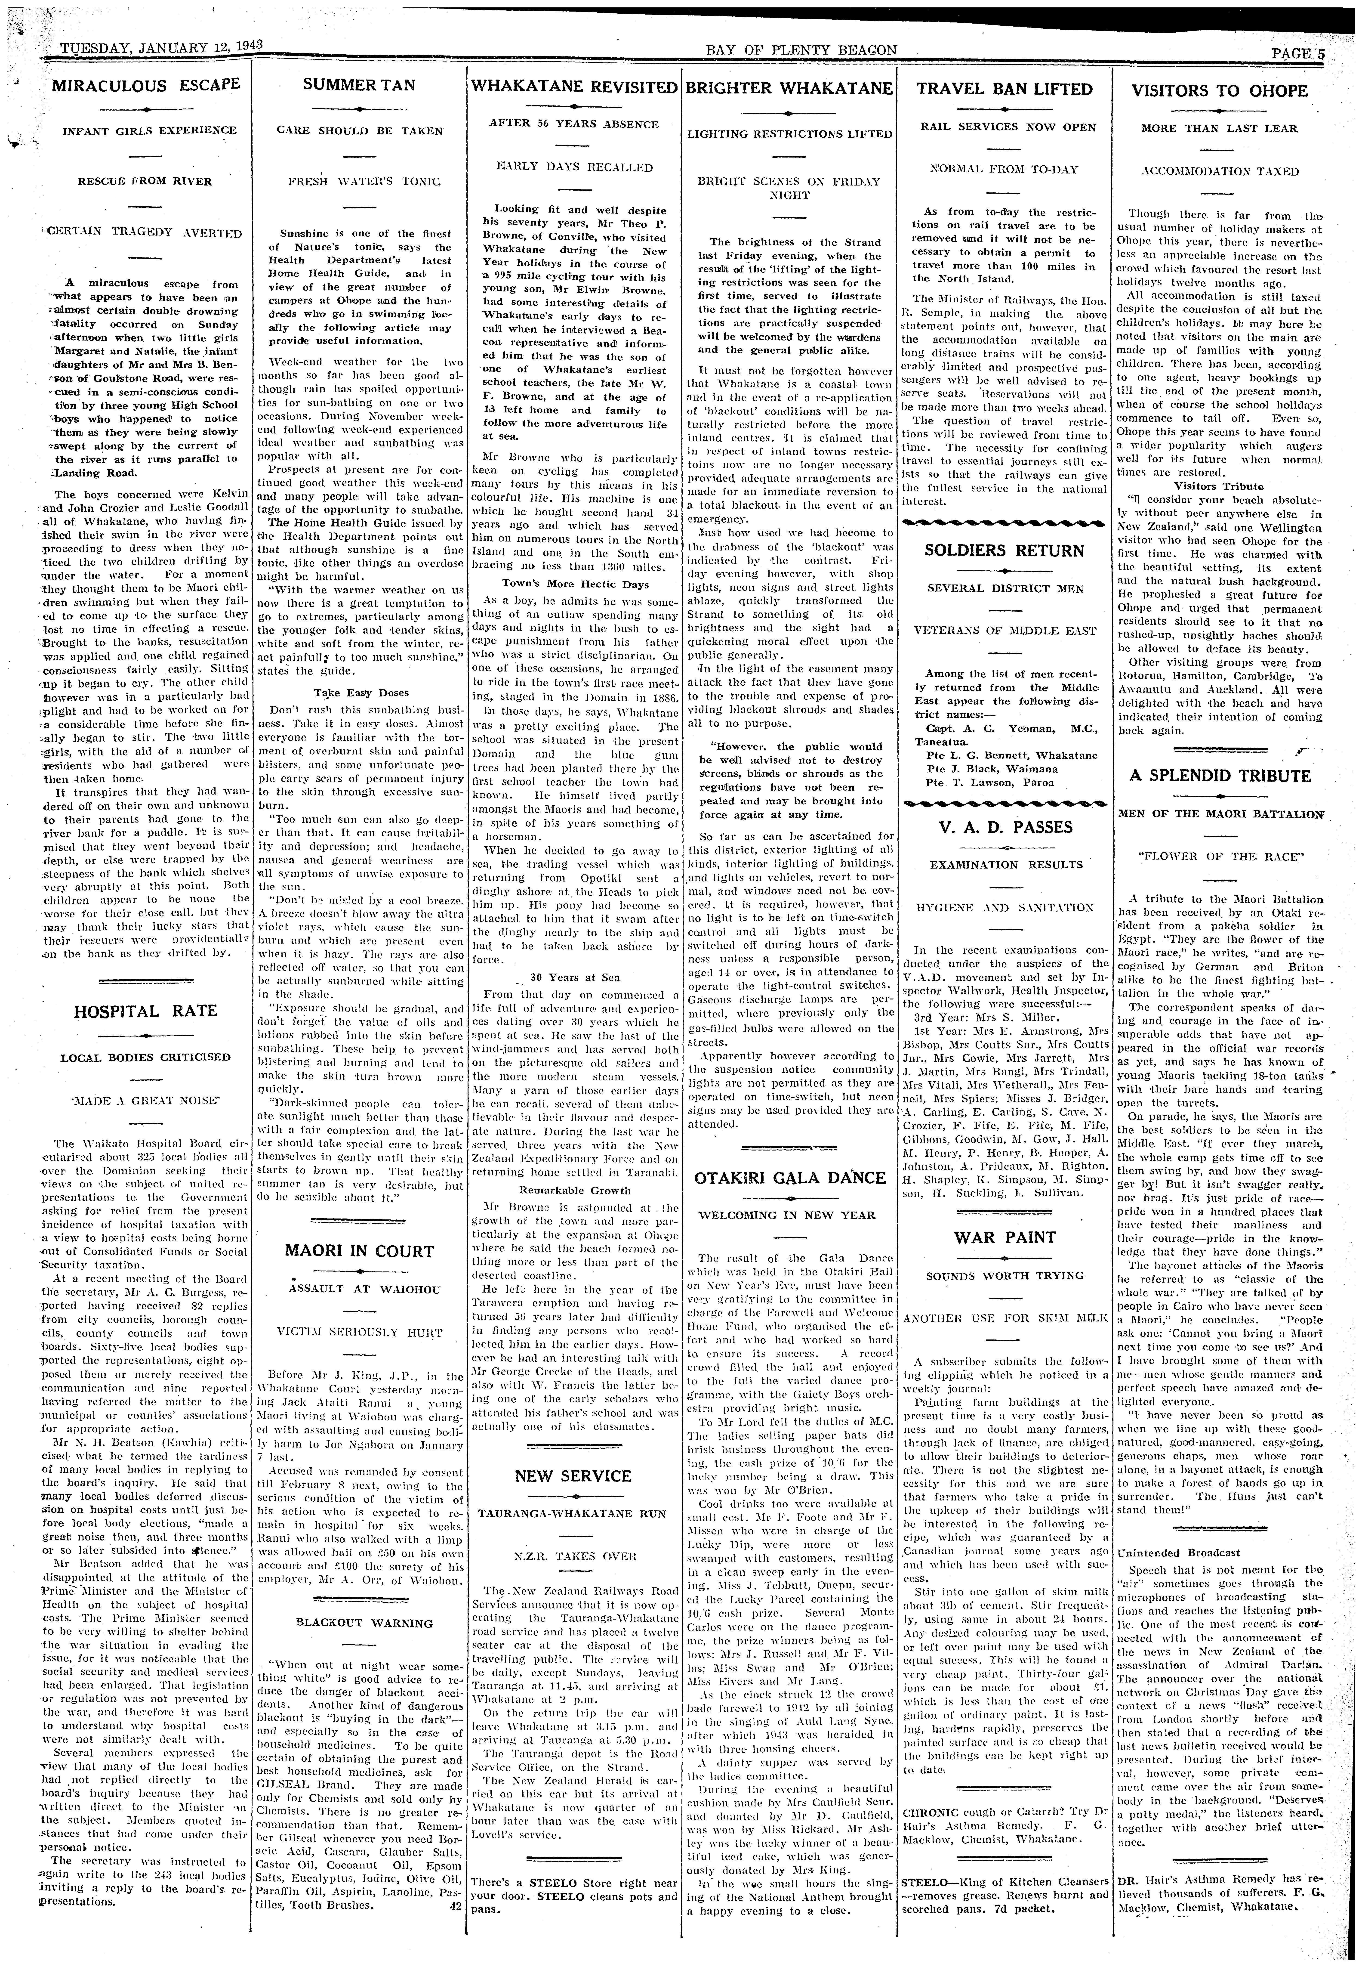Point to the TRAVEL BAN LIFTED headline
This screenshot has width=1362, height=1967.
point(1004,89)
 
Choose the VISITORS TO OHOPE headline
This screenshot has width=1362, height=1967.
point(1220,90)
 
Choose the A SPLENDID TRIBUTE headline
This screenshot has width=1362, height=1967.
point(1220,776)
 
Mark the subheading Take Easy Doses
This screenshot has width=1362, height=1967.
point(358,693)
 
